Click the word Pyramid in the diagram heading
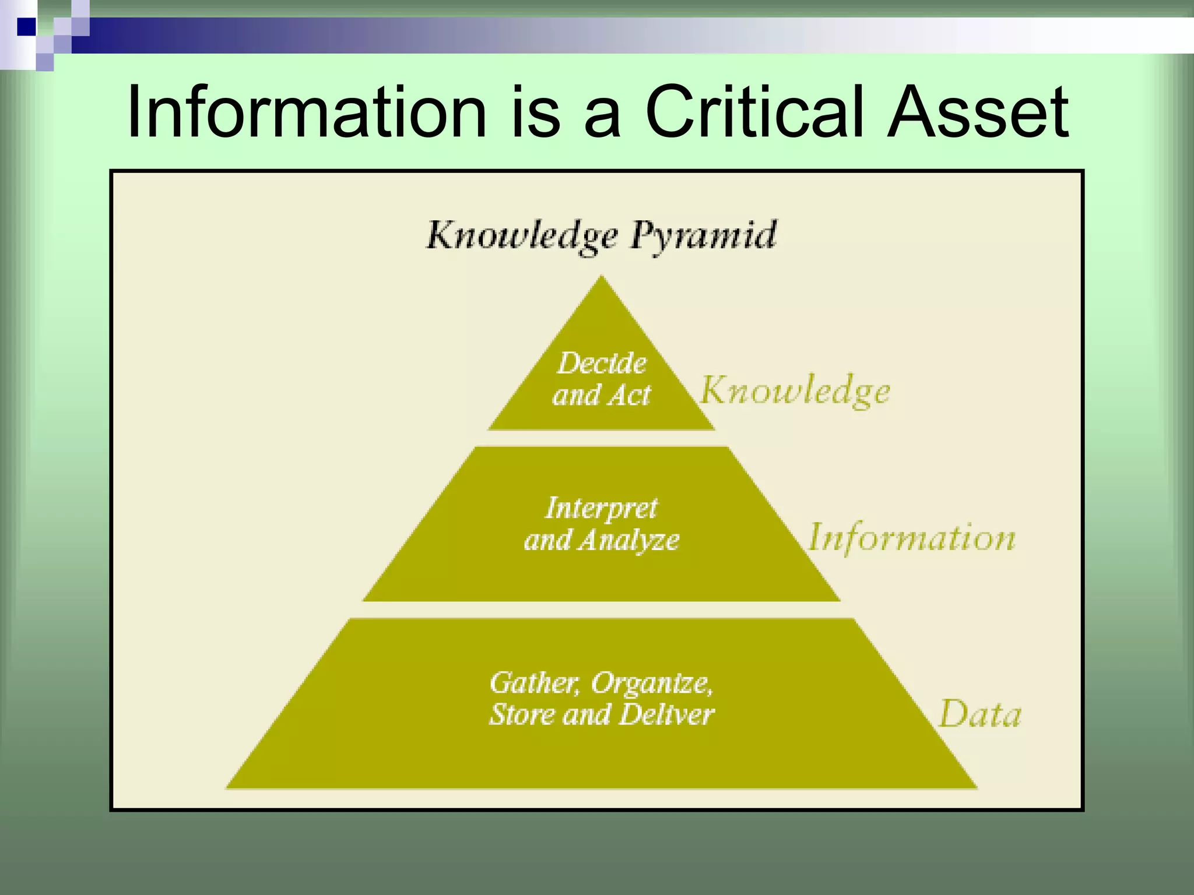click(704, 237)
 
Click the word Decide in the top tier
click(602, 364)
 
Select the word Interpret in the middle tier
click(602, 508)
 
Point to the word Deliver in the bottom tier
click(666, 715)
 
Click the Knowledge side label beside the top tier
click(795, 391)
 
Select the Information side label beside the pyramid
click(912, 537)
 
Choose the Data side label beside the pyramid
click(980, 714)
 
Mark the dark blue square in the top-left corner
click(26, 27)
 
